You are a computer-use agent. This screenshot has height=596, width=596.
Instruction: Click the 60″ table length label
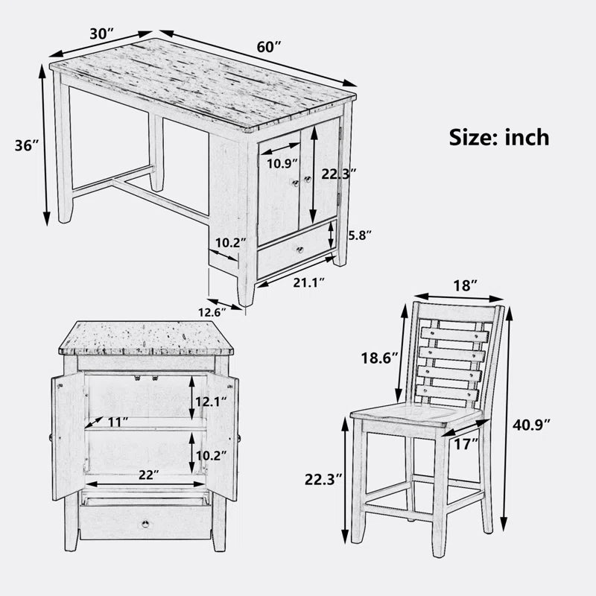[269, 47]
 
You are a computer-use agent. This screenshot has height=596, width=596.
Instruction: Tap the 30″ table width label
[102, 34]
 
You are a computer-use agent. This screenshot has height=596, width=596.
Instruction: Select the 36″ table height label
[27, 145]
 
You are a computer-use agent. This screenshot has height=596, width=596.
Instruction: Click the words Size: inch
[499, 137]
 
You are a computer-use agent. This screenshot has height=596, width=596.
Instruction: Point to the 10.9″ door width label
[282, 164]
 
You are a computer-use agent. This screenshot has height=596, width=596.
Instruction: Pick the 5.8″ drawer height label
[360, 235]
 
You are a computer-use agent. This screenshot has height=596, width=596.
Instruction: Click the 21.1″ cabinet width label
[309, 283]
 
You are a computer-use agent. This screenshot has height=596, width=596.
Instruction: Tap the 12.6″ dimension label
[212, 312]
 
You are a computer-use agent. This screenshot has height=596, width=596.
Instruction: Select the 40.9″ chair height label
[531, 425]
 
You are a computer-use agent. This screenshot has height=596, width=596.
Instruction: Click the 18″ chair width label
[465, 285]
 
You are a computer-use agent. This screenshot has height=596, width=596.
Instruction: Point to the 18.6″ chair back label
[379, 358]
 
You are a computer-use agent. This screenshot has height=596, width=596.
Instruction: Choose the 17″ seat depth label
[466, 443]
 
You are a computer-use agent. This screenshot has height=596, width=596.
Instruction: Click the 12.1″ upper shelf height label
[211, 402]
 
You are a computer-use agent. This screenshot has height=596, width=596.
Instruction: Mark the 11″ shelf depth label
[118, 422]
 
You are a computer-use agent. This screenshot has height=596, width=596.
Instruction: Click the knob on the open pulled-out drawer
[145, 524]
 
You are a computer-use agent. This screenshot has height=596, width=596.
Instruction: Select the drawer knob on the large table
[300, 250]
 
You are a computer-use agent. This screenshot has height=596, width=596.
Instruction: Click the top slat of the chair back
[454, 335]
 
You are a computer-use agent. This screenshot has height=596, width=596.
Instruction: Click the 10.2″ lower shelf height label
[211, 455]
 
